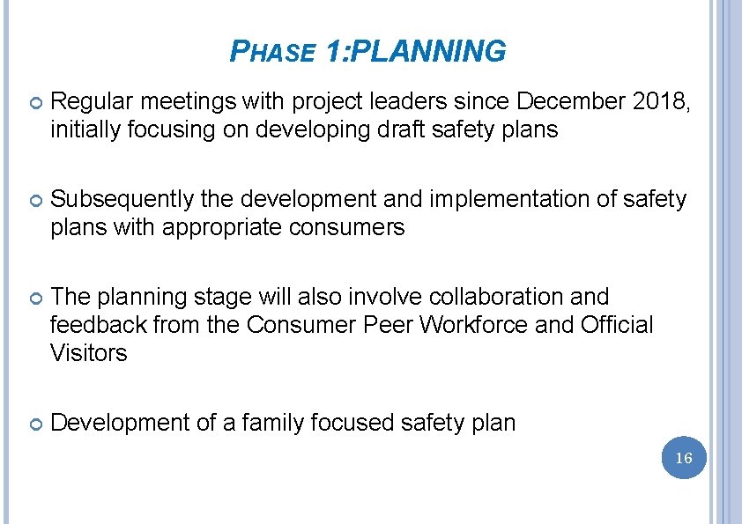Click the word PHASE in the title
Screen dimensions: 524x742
tap(271, 54)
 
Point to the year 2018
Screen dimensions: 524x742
tap(662, 102)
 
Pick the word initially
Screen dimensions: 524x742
tap(88, 130)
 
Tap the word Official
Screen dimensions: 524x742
tap(617, 326)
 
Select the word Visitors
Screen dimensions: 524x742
tap(89, 354)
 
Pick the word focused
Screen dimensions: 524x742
tap(350, 424)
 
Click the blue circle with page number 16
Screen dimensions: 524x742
tap(684, 458)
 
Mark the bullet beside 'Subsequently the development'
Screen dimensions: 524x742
tap(34, 201)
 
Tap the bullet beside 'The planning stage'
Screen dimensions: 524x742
tap(34, 299)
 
